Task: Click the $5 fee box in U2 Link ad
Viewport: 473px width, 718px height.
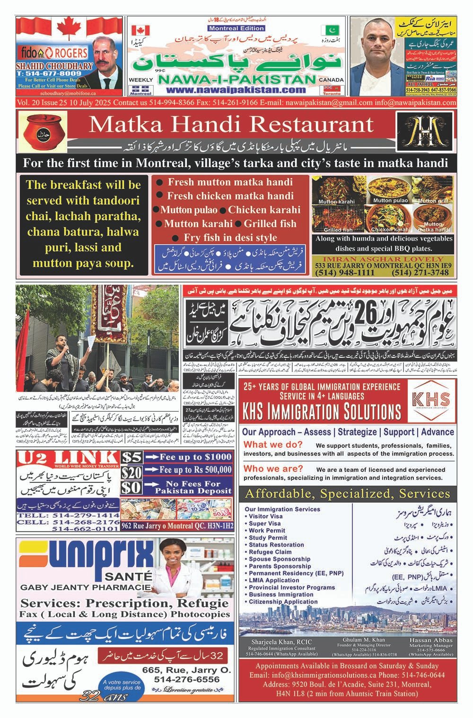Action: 131,457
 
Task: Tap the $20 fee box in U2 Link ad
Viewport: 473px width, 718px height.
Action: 131,472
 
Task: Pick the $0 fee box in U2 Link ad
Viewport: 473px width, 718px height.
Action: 131,487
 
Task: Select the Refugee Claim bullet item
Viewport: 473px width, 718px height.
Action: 270,552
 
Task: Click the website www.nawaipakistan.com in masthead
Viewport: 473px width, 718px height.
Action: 236,90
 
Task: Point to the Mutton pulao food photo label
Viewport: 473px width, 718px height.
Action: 390,200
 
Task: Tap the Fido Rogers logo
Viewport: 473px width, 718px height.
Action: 53,53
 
